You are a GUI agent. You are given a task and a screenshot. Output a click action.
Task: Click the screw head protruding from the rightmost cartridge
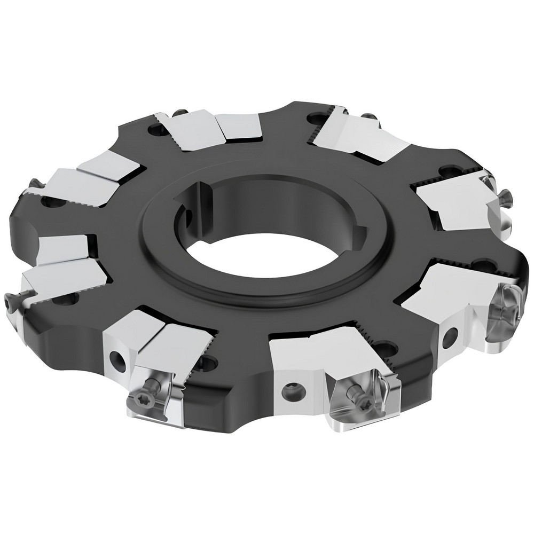tap(505, 201)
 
